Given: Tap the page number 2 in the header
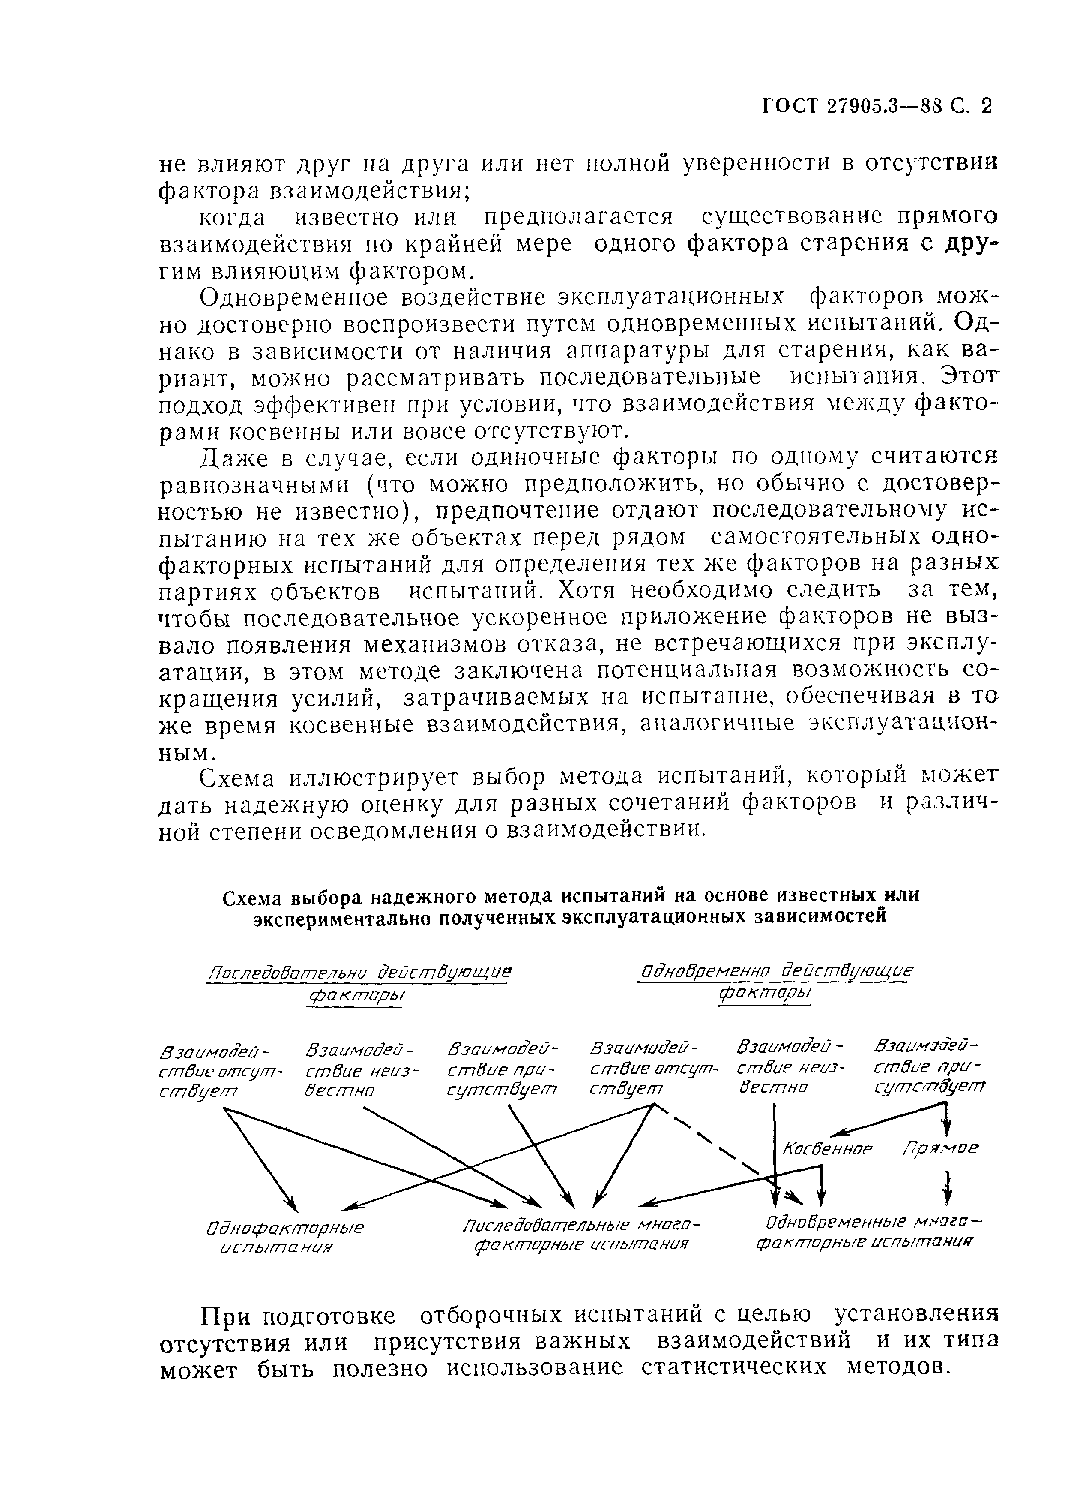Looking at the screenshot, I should coord(987,106).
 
